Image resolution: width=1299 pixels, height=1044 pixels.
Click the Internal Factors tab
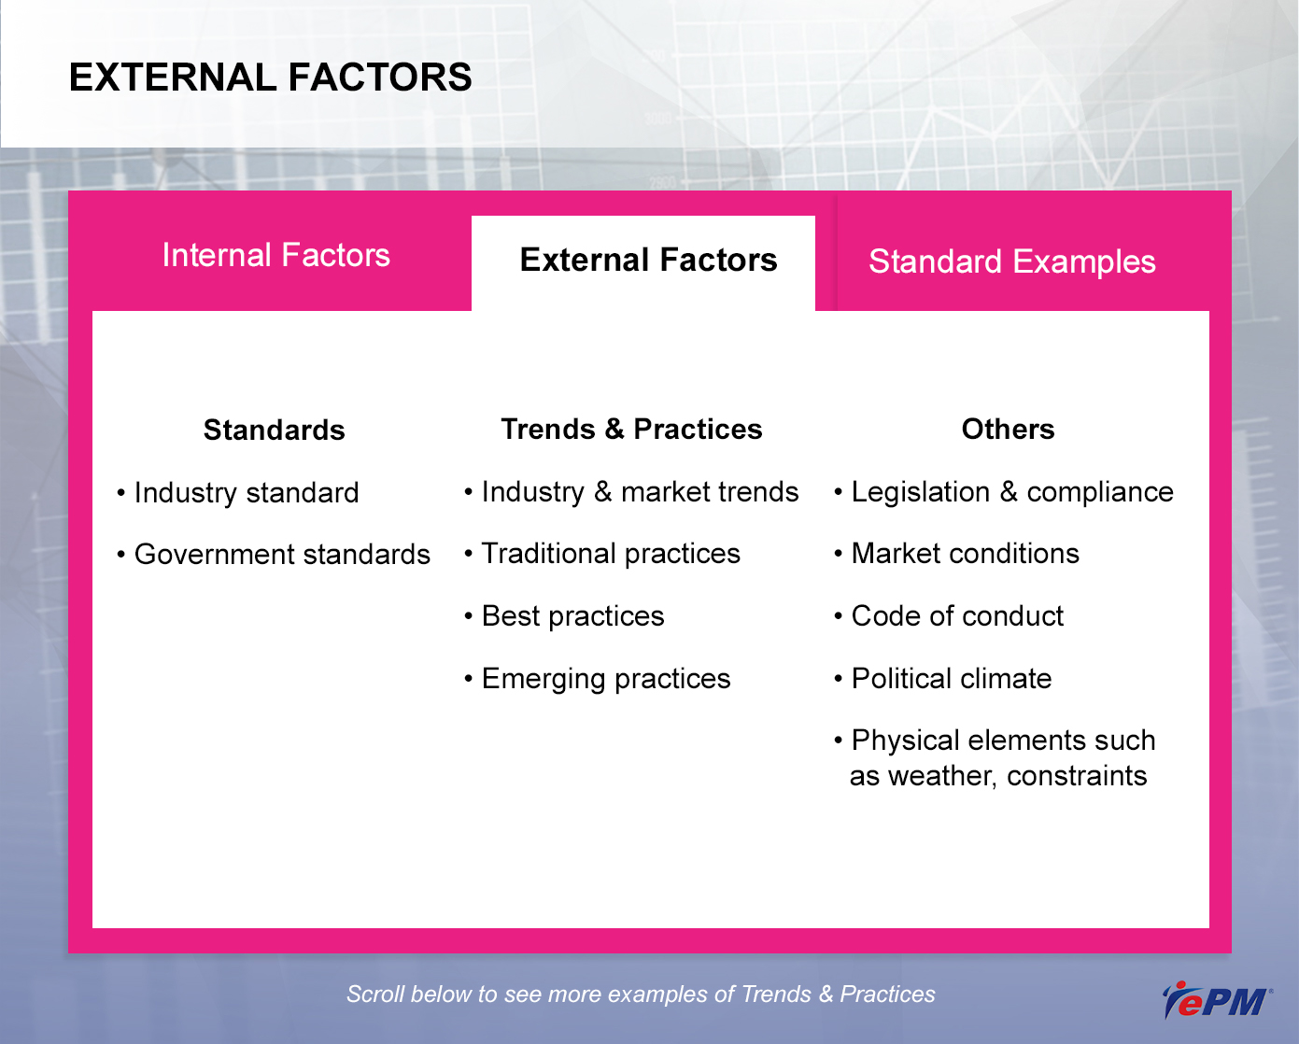275,255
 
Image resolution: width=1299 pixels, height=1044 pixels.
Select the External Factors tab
648,260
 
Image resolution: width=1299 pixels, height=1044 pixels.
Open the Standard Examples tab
1011,261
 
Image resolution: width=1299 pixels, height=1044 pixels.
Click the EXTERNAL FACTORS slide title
271,78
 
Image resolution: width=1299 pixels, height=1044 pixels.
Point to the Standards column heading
274,430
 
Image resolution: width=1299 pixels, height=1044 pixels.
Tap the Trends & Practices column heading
631,430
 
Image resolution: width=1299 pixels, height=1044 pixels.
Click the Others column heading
1008,430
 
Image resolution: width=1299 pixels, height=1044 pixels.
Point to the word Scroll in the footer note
374,994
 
